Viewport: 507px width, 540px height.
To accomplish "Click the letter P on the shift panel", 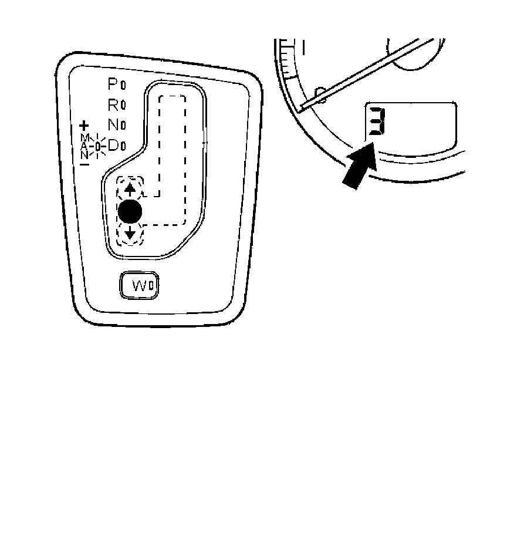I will tap(112, 84).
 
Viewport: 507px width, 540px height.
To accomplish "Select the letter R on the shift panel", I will tap(113, 104).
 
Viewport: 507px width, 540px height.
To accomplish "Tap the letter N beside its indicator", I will tap(113, 124).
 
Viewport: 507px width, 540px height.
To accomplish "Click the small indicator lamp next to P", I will tap(123, 85).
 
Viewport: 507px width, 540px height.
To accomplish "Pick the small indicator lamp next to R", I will tap(123, 106).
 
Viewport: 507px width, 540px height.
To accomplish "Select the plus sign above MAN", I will tap(84, 125).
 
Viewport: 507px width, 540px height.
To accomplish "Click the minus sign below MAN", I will tap(84, 164).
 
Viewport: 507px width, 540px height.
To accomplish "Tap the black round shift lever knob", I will tap(130, 211).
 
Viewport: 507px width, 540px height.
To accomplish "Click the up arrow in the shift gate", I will tap(130, 190).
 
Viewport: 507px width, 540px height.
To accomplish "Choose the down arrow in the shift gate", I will tap(130, 235).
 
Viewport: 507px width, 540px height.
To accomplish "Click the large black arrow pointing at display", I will tap(360, 169).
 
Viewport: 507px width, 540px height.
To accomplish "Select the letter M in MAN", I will tap(84, 137).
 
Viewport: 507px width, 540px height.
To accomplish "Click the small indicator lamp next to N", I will tap(123, 126).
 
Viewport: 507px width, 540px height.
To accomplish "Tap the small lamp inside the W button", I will tap(151, 286).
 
